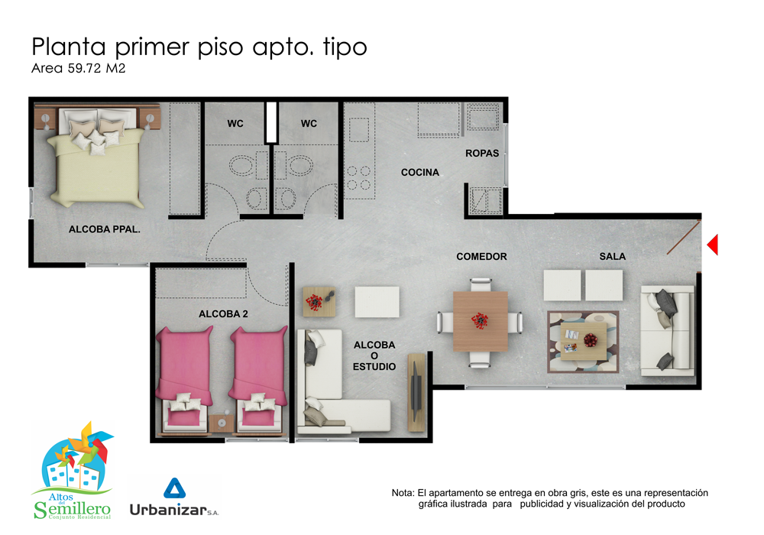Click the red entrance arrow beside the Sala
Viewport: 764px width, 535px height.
(x=714, y=245)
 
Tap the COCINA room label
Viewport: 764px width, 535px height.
(x=420, y=173)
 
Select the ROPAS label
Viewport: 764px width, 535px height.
(x=482, y=154)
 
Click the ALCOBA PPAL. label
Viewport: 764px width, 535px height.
(x=104, y=229)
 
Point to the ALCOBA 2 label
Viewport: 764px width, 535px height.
(x=223, y=314)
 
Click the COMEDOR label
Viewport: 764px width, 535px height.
(x=481, y=257)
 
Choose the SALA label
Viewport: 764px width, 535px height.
(x=613, y=257)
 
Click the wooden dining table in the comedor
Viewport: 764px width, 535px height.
(x=481, y=321)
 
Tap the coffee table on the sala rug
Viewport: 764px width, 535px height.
(x=583, y=341)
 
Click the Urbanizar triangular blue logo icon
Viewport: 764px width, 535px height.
(x=174, y=488)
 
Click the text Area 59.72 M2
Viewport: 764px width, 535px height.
(x=79, y=68)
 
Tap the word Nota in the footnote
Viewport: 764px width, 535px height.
(x=402, y=493)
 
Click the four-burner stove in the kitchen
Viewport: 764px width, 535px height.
(x=358, y=178)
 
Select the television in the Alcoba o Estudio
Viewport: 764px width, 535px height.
(x=416, y=393)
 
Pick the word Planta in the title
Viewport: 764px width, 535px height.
(x=69, y=47)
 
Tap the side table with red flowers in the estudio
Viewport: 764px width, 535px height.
(x=319, y=302)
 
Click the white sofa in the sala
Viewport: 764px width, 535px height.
(x=667, y=331)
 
